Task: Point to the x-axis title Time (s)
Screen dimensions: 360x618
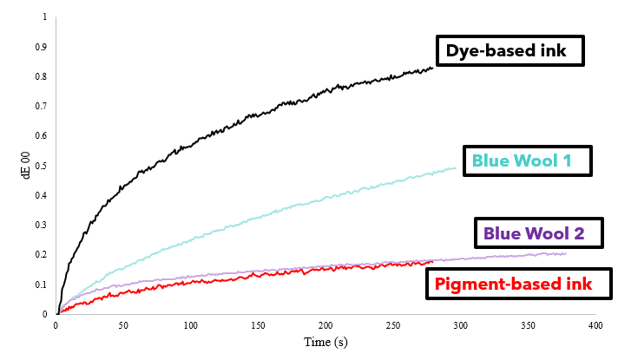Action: [x=325, y=343]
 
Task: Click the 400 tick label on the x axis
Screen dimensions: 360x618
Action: [x=595, y=325]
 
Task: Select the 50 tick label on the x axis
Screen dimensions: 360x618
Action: [x=123, y=325]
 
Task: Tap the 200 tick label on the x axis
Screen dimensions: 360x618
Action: [x=325, y=325]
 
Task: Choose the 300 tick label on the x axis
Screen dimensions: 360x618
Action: [x=460, y=325]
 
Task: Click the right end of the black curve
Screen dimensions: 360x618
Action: [x=432, y=68]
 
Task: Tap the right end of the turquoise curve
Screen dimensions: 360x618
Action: [x=456, y=168]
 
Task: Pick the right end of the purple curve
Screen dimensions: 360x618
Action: [x=565, y=253]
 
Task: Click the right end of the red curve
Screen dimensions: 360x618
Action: [x=432, y=261]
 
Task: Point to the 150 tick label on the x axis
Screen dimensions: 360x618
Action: [x=258, y=325]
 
